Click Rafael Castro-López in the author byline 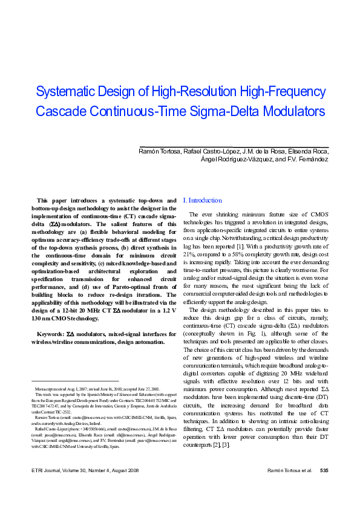pos(208,151)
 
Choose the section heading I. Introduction pos(202,200)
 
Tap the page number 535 pos(324,487)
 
